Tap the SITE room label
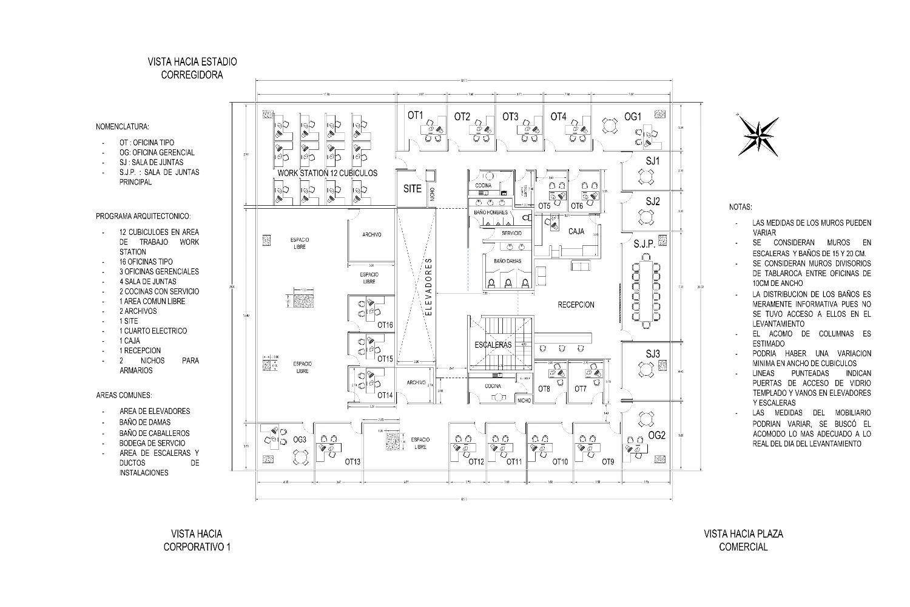coord(413,189)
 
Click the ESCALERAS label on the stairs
coord(493,345)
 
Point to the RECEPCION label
coord(576,305)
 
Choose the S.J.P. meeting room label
coord(644,244)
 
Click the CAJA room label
coord(576,231)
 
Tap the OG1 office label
coord(633,117)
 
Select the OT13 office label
coord(352,462)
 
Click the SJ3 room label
coord(653,353)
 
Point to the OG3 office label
coord(300,439)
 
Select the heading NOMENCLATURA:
coord(122,127)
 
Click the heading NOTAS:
coord(740,207)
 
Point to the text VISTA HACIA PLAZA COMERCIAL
coord(743,540)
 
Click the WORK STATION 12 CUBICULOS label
coord(327,173)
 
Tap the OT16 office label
coord(385,325)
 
